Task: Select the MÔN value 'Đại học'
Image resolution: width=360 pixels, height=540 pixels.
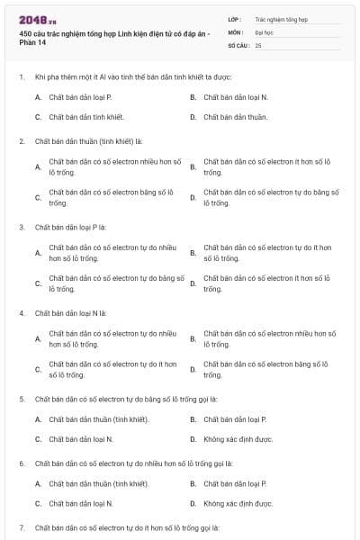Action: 265,31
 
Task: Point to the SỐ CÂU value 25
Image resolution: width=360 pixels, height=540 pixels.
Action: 258,44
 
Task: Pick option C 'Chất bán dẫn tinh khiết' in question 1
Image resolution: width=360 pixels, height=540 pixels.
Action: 86,117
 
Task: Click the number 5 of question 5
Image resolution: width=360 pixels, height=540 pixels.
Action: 22,398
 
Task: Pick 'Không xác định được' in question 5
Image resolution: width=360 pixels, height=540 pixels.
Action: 238,439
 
